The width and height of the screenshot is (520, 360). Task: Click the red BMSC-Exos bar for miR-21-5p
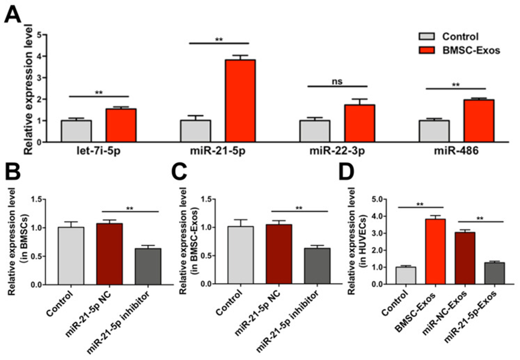pyautogui.click(x=240, y=100)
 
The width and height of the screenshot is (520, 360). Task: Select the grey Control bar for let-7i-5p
pyautogui.click(x=76, y=130)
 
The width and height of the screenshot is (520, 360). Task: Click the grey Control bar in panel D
pyautogui.click(x=405, y=275)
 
